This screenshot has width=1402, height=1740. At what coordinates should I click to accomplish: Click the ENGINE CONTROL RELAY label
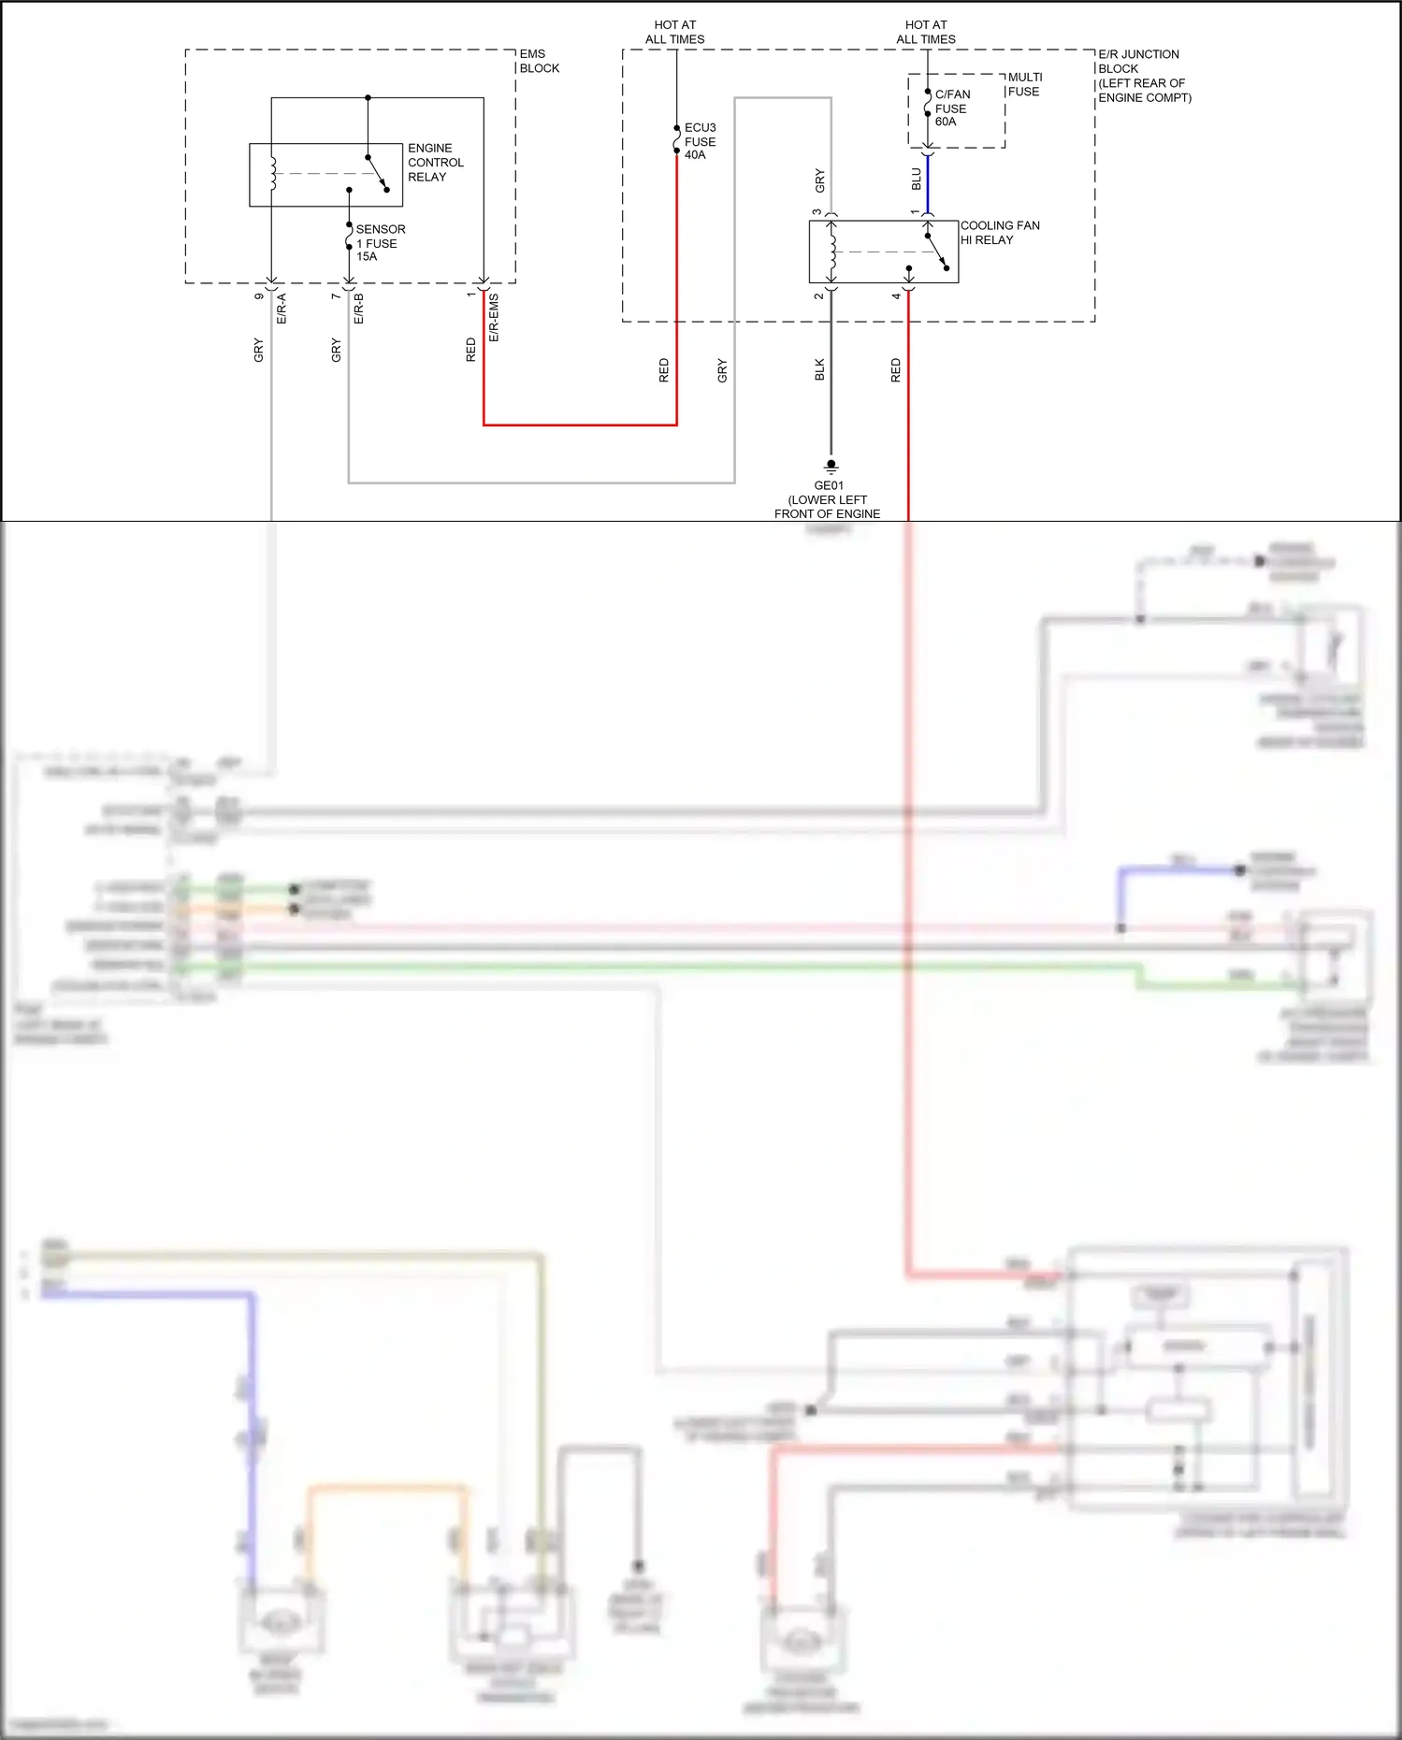coord(435,163)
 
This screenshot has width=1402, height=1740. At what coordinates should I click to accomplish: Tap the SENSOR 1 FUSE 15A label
coord(380,243)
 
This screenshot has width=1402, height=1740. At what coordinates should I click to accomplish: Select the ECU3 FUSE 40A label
coord(700,141)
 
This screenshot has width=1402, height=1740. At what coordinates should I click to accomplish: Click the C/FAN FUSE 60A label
coord(951,108)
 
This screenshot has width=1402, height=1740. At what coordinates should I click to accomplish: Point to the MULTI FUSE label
coord(1024,84)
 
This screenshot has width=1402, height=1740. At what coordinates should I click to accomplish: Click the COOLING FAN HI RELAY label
coord(999,233)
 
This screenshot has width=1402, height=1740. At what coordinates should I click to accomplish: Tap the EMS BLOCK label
coord(539,61)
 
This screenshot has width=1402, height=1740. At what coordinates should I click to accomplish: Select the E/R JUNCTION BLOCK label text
coord(1143,76)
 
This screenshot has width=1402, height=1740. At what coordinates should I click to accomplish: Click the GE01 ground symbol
coord(831,465)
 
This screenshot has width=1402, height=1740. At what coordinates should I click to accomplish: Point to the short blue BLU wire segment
coord(928,183)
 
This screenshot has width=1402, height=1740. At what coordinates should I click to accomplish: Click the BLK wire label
coord(819,369)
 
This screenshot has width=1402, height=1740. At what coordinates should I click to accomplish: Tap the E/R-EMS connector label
coord(494,318)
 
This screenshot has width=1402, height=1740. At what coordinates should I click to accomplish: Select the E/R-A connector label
coord(282,309)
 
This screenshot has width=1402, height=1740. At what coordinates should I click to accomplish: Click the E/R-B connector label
coord(358,309)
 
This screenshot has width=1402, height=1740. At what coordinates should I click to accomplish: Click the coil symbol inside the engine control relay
coord(273,174)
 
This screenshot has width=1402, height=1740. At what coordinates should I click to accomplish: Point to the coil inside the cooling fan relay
coord(831,252)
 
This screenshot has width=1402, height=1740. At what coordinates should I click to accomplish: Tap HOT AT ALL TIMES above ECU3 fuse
coord(674,32)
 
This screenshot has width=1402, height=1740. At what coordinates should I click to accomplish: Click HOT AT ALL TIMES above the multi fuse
coord(926,32)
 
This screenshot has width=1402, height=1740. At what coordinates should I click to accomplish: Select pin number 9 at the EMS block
coord(259,296)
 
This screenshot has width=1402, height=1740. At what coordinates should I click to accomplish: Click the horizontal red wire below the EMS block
coord(580,425)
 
